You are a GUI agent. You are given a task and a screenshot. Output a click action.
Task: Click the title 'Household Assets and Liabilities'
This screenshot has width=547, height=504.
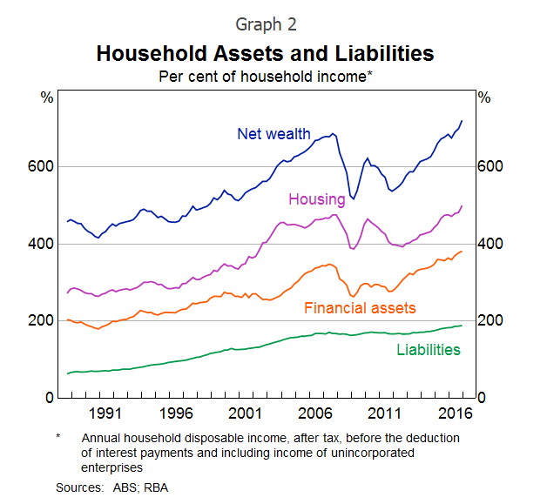pyautogui.click(x=265, y=54)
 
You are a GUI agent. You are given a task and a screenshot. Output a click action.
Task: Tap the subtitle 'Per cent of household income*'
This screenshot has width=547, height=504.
pyautogui.click(x=265, y=77)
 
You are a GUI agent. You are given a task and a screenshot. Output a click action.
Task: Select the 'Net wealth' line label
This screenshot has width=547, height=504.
pyautogui.click(x=273, y=134)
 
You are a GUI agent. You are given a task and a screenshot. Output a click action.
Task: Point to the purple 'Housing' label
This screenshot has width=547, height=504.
pyautogui.click(x=317, y=199)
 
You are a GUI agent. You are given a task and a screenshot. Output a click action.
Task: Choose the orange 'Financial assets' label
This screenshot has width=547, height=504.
pyautogui.click(x=360, y=308)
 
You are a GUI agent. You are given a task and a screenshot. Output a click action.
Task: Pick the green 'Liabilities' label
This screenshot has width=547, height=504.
pyautogui.click(x=428, y=350)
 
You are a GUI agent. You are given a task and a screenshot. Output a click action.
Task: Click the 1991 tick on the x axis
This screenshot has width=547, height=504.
pyautogui.click(x=105, y=413)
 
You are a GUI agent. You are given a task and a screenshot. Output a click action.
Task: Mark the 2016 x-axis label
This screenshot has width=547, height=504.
pyautogui.click(x=455, y=413)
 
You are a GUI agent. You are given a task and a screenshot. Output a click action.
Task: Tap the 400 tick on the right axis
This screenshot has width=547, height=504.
pyautogui.click(x=490, y=244)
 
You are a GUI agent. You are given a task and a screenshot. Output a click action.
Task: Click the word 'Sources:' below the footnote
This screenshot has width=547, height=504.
pyautogui.click(x=79, y=487)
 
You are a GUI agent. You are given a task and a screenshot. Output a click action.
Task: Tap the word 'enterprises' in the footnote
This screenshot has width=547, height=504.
pyautogui.click(x=112, y=468)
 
